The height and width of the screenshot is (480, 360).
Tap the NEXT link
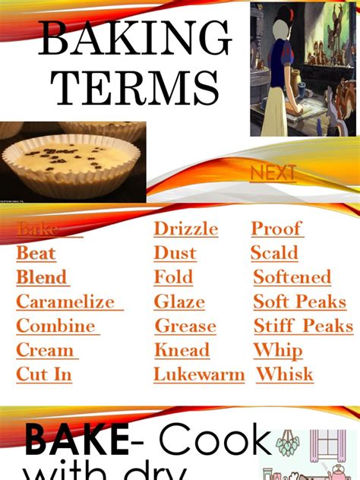click(273, 174)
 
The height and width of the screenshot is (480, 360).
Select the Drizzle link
click(186, 229)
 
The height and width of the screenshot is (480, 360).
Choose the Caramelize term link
click(66, 302)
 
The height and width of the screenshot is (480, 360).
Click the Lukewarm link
click(199, 374)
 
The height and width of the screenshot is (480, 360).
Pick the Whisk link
click(285, 374)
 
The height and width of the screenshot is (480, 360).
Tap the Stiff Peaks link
click(303, 326)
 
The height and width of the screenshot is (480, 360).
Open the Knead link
click(182, 350)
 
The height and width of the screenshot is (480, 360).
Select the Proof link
click(276, 229)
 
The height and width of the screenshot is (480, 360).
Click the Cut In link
click(44, 374)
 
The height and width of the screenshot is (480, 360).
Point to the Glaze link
click(179, 302)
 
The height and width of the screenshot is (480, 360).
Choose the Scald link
click(275, 253)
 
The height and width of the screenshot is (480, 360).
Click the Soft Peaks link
click(299, 302)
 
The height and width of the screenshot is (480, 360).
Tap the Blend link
click(42, 277)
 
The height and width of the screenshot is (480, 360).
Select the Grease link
click(185, 326)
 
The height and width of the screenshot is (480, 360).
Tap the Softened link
click(292, 277)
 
